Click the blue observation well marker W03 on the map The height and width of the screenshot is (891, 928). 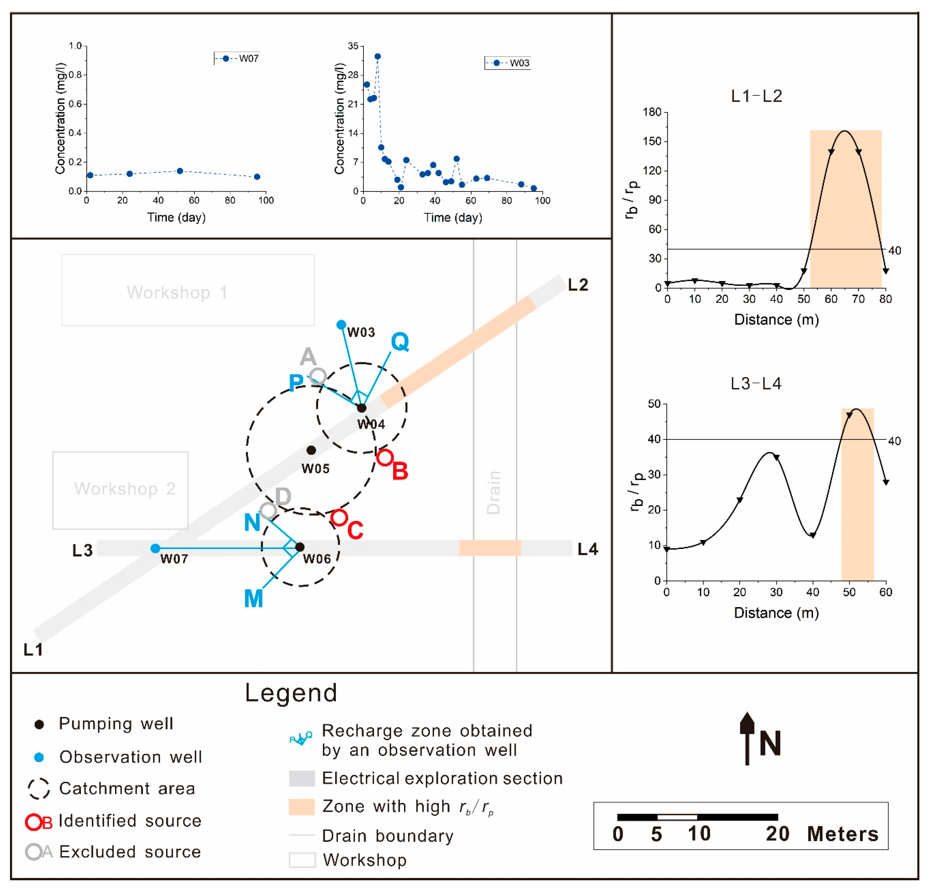[341, 325]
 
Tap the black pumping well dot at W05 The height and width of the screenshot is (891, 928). [311, 450]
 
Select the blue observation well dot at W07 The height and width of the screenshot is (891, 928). [155, 548]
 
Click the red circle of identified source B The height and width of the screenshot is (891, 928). [385, 457]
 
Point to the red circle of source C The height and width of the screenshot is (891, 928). [339, 517]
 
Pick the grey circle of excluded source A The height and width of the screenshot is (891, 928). [318, 376]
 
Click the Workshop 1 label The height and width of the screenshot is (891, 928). [177, 293]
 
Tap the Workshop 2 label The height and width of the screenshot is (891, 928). [125, 488]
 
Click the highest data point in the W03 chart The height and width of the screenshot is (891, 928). [377, 56]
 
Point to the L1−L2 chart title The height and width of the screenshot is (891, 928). [756, 96]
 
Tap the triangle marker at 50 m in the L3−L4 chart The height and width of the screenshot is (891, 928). [849, 415]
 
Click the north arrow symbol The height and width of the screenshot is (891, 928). [747, 739]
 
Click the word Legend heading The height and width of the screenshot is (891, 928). [291, 693]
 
